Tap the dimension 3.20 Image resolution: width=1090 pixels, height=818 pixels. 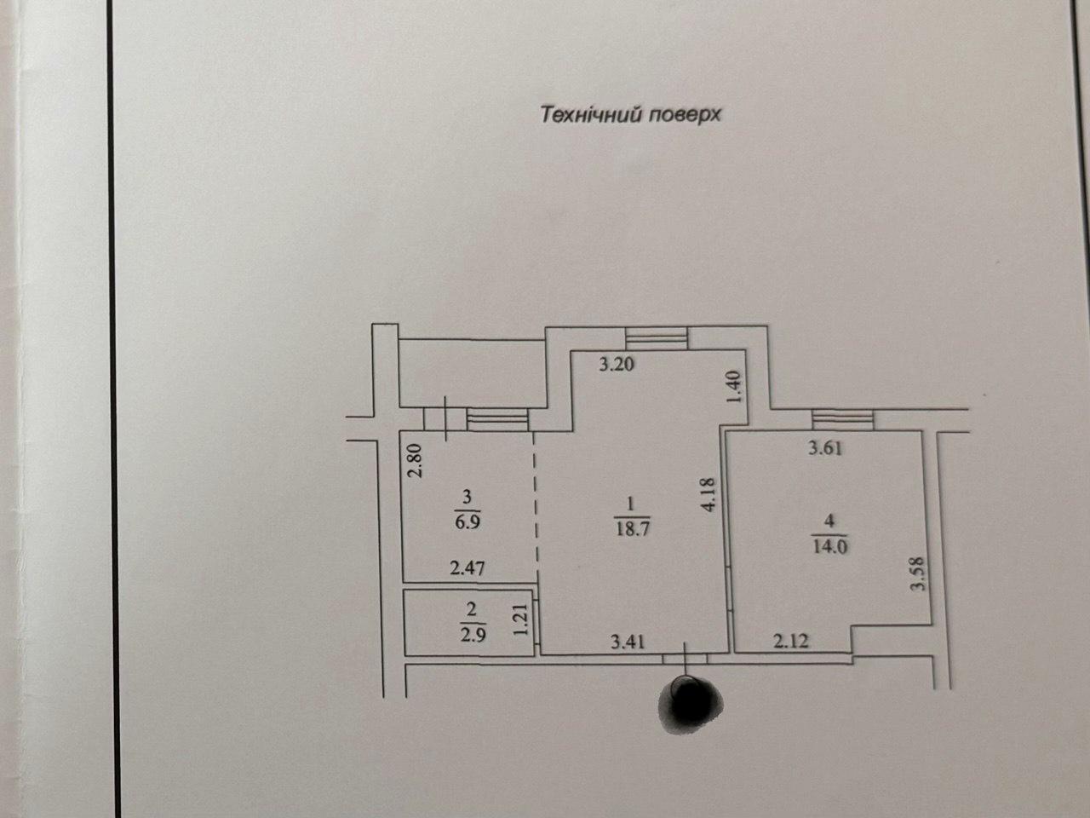click(617, 364)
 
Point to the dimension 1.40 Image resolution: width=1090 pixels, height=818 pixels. click(736, 388)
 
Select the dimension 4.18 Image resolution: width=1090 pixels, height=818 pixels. click(708, 495)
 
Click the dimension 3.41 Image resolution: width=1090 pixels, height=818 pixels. click(628, 642)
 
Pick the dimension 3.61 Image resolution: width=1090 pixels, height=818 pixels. click(825, 448)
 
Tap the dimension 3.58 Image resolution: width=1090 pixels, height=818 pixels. click(918, 573)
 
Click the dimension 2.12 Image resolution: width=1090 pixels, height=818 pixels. click(791, 641)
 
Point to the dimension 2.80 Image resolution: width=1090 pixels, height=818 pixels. click(415, 460)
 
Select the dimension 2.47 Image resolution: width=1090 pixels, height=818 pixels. click(468, 567)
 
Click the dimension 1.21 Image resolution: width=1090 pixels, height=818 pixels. click(520, 619)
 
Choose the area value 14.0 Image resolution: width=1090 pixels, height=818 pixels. click(829, 546)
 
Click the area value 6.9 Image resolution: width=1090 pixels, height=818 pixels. click(468, 522)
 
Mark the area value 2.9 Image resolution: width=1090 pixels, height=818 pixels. click(473, 636)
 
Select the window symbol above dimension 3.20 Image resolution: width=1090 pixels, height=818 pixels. click(657, 338)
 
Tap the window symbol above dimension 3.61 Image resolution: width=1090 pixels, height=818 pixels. click(842, 420)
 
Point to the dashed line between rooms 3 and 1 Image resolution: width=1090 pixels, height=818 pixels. click(536, 507)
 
